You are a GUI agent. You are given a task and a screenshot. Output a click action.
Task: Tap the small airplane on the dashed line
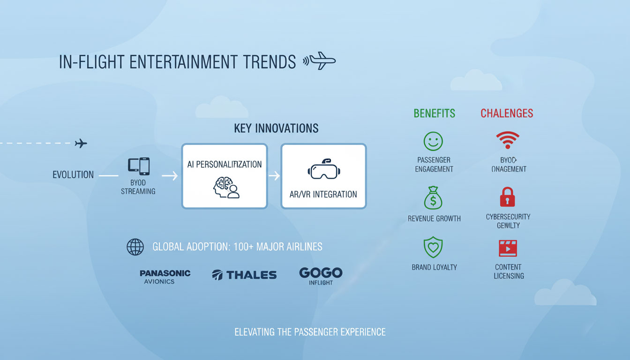coord(81,143)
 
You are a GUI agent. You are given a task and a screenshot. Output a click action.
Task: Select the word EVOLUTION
coord(73,175)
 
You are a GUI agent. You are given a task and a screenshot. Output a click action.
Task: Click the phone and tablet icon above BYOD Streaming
coord(138,166)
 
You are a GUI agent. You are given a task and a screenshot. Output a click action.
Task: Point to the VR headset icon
coord(323,170)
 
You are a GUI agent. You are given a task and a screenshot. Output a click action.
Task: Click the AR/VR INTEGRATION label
coord(323,194)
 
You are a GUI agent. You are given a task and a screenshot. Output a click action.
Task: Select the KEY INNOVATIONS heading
coord(276,128)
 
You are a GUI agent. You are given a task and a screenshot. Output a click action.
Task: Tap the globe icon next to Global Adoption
coord(135,247)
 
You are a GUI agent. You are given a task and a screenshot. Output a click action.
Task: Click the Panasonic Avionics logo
coord(165,277)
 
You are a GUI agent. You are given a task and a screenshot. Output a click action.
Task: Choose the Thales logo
coord(244,275)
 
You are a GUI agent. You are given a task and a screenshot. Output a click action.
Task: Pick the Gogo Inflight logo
coord(321,276)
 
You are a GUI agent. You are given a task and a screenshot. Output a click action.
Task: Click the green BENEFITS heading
coord(434,113)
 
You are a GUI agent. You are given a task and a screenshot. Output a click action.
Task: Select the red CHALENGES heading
coord(507,113)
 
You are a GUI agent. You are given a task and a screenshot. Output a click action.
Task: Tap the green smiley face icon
coord(434,141)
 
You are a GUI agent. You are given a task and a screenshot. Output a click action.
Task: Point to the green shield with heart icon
coord(434,247)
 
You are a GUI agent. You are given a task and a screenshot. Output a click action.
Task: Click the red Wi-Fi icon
coord(507,140)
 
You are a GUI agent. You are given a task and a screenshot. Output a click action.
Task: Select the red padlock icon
coord(507,197)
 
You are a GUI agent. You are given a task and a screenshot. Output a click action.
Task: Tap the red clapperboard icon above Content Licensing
coord(508,248)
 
